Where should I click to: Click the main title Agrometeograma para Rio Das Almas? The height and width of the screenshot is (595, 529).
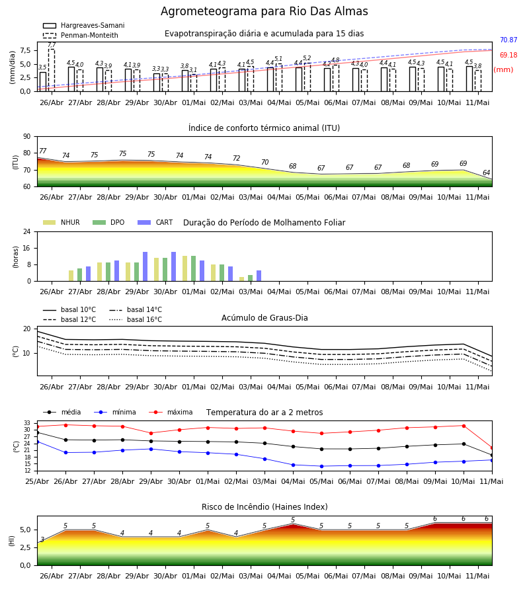[264, 11]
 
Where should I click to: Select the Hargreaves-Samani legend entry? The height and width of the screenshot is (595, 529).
[83, 25]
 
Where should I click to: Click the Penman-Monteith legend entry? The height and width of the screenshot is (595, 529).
[81, 35]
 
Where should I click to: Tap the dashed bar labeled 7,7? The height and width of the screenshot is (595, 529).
[51, 70]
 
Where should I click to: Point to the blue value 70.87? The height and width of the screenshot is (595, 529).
[509, 40]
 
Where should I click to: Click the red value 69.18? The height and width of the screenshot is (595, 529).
[509, 55]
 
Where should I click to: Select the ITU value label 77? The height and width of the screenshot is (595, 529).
[42, 151]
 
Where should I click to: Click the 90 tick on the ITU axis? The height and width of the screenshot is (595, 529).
[27, 137]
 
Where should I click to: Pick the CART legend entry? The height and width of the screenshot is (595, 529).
[155, 222]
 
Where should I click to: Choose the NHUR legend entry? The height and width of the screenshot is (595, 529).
[61, 222]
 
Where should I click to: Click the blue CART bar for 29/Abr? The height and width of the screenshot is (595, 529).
[145, 266]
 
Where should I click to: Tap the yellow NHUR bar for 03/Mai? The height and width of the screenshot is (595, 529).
[242, 279]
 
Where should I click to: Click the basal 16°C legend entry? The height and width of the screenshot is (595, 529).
[136, 319]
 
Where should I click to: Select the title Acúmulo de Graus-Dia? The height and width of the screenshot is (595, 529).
[264, 318]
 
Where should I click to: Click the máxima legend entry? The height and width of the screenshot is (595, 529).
[171, 412]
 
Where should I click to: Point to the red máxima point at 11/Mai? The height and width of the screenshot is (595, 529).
[492, 448]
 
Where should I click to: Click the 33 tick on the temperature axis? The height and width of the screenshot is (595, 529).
[27, 423]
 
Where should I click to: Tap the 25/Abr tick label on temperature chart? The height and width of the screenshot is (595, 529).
[37, 481]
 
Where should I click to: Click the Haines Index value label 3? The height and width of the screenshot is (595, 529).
[42, 539]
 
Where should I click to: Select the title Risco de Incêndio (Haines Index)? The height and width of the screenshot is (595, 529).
[264, 507]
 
